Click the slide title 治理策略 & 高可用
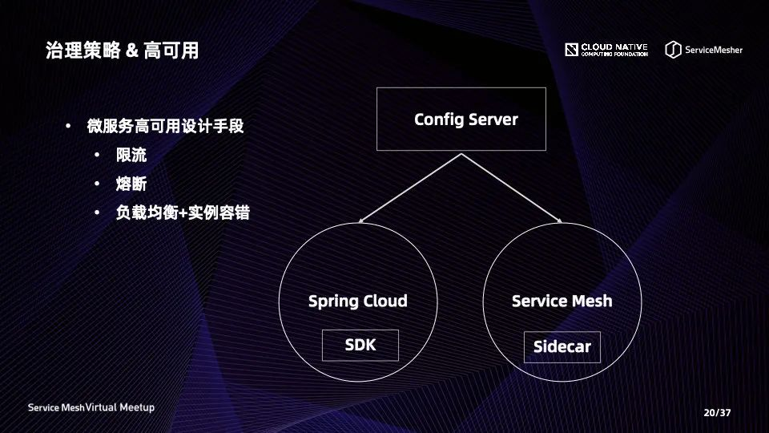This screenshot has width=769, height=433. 122,51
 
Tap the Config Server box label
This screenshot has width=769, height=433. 466,119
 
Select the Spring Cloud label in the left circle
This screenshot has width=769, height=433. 357,301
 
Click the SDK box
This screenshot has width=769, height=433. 360,345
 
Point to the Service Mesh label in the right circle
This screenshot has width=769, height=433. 562,301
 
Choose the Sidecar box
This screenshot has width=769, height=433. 562,346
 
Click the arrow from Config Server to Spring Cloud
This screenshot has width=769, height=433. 410,188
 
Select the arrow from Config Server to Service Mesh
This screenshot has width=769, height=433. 512,188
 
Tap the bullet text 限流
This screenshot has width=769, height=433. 131,155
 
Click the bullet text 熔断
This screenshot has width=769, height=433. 131,184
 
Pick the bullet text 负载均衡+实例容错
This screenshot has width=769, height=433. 183,212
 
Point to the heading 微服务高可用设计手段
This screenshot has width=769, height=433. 165,126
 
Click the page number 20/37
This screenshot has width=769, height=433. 717,413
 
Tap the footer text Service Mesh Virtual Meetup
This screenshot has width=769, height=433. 91,407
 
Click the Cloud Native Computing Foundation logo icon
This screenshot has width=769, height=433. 571,50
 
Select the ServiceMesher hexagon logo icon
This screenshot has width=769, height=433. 673,50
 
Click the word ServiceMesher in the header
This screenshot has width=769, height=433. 714,50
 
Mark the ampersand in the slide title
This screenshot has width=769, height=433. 132,51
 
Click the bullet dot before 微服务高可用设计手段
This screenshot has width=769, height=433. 68,126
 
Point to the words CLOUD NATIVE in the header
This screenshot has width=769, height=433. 614,47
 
